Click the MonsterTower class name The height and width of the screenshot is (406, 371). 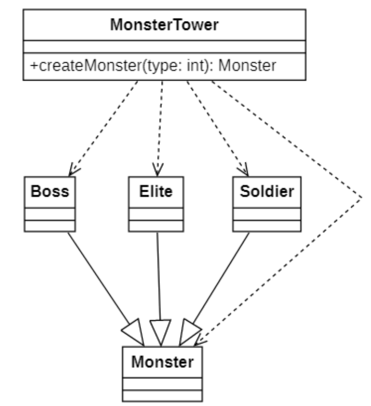coord(164,25)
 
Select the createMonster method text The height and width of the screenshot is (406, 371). coord(153,65)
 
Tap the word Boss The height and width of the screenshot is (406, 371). coord(49,191)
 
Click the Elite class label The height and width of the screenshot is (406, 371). coord(156,191)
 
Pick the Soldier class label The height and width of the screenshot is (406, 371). coord(267,191)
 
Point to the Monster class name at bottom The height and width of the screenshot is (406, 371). coord(163,361)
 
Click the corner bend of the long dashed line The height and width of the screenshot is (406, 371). coord(362,197)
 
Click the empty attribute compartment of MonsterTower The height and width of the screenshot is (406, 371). coord(164,47)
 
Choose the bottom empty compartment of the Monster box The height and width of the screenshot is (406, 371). coord(163,395)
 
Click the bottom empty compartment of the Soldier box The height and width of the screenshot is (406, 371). coord(267,226)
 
